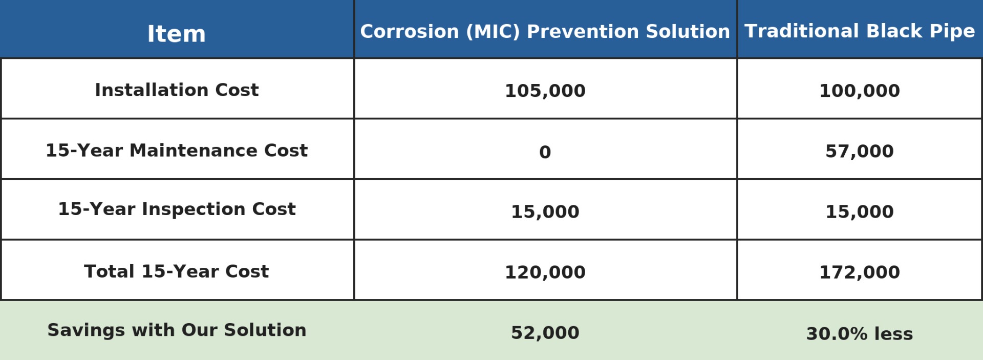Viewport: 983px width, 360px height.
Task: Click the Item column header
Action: (x=177, y=34)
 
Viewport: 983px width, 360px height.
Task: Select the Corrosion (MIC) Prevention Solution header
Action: (x=545, y=31)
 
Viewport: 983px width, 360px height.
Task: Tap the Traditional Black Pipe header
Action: (x=860, y=31)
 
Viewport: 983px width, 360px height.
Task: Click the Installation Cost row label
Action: (x=177, y=90)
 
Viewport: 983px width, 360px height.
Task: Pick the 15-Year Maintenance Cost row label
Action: (x=177, y=150)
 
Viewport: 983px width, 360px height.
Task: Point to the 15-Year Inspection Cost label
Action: (x=177, y=209)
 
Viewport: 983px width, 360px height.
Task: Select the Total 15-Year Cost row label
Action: (x=177, y=271)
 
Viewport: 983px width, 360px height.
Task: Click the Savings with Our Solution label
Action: (x=177, y=330)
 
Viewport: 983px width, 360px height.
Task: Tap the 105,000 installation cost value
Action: (x=545, y=91)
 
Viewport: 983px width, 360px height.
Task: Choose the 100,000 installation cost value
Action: (x=860, y=91)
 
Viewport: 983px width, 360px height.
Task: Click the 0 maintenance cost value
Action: (x=545, y=152)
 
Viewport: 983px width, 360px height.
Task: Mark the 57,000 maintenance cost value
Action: (x=860, y=151)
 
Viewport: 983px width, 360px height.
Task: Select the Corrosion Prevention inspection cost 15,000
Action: (x=545, y=211)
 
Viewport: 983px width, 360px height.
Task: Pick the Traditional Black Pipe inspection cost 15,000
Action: (x=860, y=211)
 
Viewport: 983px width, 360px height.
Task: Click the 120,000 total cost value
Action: (x=545, y=272)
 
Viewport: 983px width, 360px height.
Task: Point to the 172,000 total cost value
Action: (x=860, y=272)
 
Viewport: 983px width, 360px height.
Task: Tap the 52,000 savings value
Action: (x=545, y=332)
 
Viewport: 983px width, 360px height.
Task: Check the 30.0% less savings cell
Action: (x=860, y=333)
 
